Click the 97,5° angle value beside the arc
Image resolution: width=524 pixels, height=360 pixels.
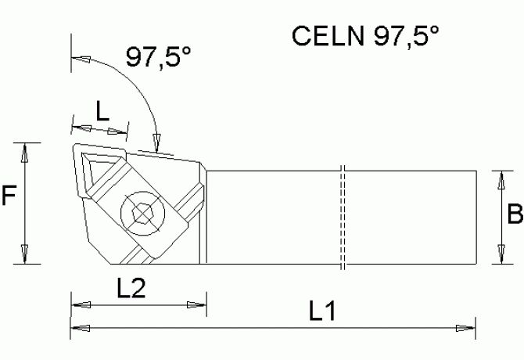coord(160,57)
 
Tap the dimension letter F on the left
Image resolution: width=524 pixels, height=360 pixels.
coord(9,196)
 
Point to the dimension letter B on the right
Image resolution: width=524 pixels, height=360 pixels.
coord(515,213)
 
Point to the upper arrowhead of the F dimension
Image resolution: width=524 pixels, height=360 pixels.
coord(27,152)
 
